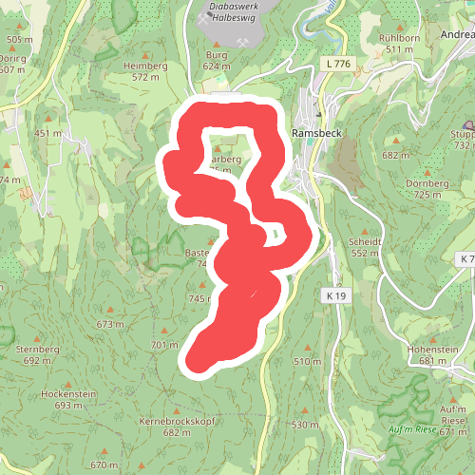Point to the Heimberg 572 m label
(x=145, y=71)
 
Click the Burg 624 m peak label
(x=217, y=62)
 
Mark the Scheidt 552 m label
(x=366, y=247)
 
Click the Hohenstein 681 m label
(x=432, y=355)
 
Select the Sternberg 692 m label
(x=38, y=354)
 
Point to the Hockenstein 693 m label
(x=69, y=399)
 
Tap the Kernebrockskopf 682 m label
(x=178, y=426)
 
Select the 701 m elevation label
(x=164, y=344)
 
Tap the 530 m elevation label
(x=305, y=425)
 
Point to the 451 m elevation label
(x=47, y=133)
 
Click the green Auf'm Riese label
(x=412, y=429)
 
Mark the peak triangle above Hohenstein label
(x=432, y=338)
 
